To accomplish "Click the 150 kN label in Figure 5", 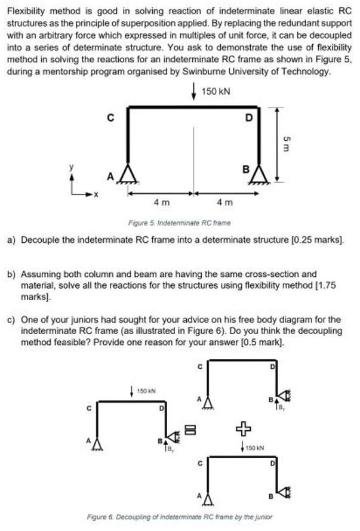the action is (x=216, y=91).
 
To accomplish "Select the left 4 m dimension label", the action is (x=160, y=203).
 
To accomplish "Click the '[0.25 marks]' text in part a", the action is (x=320, y=241).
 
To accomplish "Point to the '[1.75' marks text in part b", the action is (x=324, y=286).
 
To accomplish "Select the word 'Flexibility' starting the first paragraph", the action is (x=25, y=10).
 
